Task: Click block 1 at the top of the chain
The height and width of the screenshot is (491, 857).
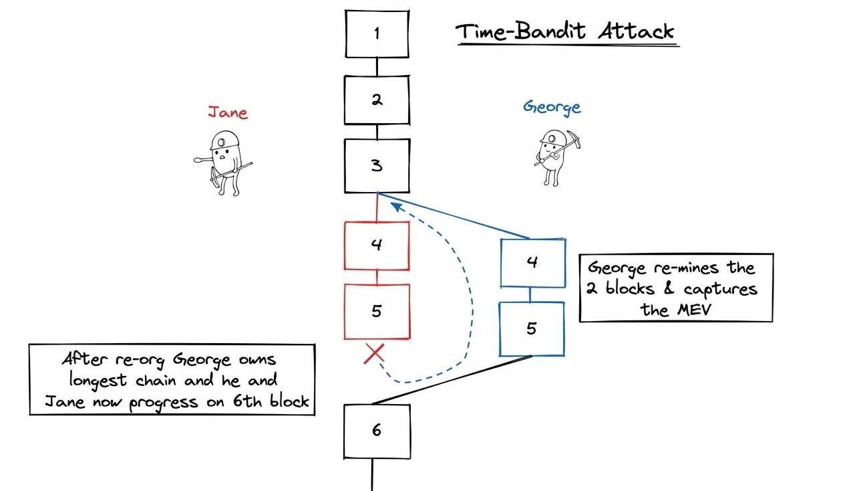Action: click(377, 33)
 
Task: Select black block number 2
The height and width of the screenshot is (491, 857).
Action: click(377, 100)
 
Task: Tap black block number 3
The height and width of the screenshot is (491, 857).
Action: click(377, 166)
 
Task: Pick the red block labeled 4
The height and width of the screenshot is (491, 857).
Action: click(377, 245)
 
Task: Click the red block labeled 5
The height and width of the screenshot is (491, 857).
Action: click(377, 311)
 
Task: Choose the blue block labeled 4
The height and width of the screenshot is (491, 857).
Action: click(532, 262)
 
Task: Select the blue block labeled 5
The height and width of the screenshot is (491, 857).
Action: click(532, 328)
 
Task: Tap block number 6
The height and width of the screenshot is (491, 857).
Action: click(377, 430)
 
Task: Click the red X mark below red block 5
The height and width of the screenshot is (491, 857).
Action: click(374, 354)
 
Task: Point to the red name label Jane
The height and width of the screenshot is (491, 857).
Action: click(227, 112)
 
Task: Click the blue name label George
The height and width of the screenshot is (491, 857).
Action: click(552, 107)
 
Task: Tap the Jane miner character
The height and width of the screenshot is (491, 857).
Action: click(224, 161)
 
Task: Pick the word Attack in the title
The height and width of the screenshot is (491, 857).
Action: click(635, 31)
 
